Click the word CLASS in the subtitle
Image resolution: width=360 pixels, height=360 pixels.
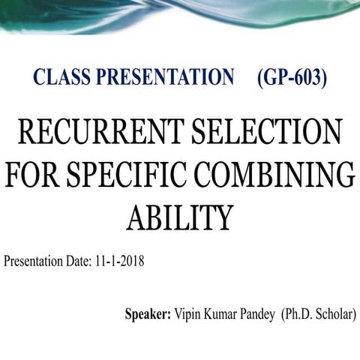pos(59,78)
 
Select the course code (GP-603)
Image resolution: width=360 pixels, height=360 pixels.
pos(292,78)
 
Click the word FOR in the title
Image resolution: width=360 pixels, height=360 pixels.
pos(35,175)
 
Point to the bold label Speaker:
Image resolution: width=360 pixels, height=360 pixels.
pos(148,313)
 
